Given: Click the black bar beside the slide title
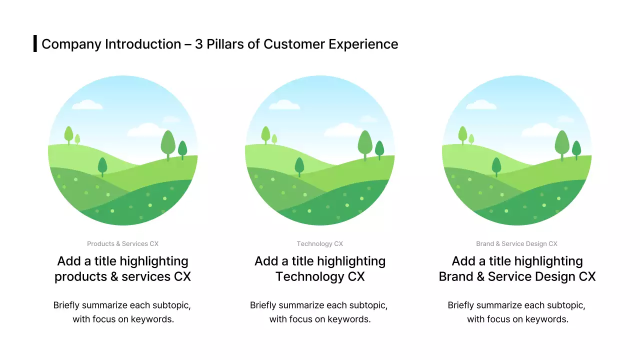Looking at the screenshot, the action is [35, 43].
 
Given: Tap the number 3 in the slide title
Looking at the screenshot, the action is [199, 44].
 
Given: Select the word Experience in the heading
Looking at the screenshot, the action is [363, 44].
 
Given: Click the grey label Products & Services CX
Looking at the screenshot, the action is [123, 243].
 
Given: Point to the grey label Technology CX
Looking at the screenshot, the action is [319, 243].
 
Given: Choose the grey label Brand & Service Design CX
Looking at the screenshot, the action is [516, 243].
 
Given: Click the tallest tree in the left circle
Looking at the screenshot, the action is [168, 145].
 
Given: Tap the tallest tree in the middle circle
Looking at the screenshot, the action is [365, 145].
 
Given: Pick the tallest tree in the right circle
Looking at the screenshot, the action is [562, 145].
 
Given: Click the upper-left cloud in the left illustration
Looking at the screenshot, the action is [87, 104].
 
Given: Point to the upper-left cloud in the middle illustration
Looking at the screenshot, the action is [284, 104].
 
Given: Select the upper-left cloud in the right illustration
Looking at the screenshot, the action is [481, 104].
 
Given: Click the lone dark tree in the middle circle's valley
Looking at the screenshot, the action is [299, 167].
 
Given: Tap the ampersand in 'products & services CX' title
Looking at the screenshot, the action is [114, 276].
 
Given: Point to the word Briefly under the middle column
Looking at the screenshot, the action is [263, 305].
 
